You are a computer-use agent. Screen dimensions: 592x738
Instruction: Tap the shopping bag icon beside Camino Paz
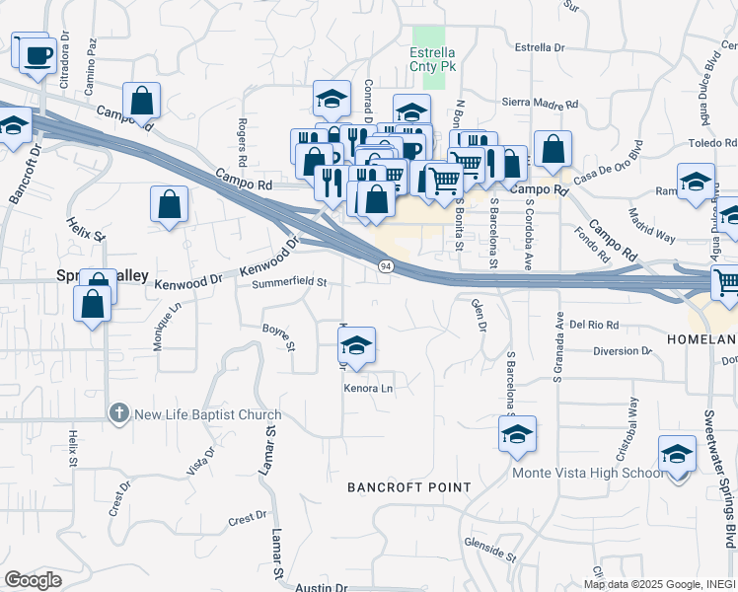[x=142, y=100]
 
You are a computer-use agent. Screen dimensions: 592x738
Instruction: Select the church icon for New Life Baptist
[x=118, y=414]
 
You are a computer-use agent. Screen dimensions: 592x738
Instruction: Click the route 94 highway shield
[x=385, y=266]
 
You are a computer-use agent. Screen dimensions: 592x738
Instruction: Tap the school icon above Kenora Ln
[x=356, y=344]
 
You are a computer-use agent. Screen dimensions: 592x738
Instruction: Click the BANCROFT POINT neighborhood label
[x=408, y=488]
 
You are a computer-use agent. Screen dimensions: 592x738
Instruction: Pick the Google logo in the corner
[x=33, y=580]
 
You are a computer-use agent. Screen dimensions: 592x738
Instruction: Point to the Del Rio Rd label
[x=593, y=324]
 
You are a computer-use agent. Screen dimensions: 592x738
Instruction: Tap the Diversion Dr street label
[x=623, y=350]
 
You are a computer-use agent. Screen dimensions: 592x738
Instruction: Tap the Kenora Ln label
[x=368, y=388]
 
